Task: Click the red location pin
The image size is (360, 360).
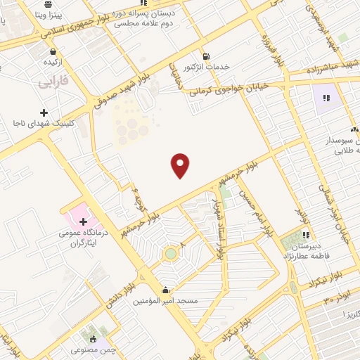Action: point(181,165)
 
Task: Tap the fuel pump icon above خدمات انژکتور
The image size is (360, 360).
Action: point(205,56)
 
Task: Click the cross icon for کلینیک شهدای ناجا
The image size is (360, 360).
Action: point(44,112)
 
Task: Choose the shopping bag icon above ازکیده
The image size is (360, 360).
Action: point(53,51)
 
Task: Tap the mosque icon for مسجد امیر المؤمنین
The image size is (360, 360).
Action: point(166,290)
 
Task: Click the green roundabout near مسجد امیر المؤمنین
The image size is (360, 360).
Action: point(170,253)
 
